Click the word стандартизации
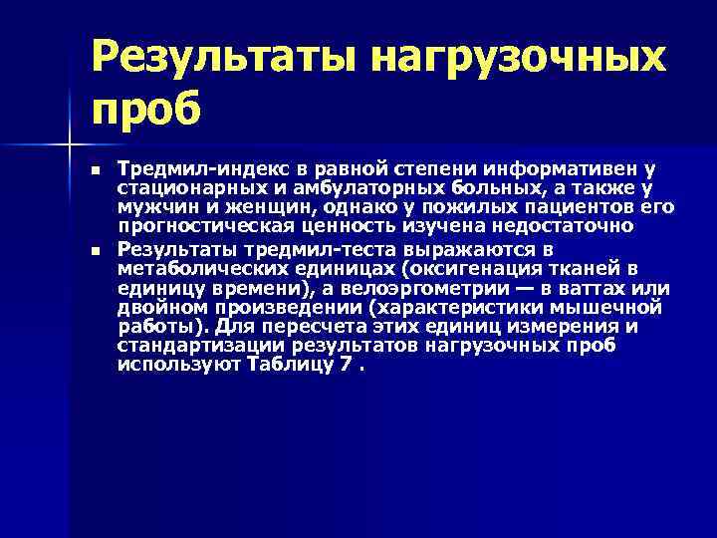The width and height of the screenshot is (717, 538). coord(199,346)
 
